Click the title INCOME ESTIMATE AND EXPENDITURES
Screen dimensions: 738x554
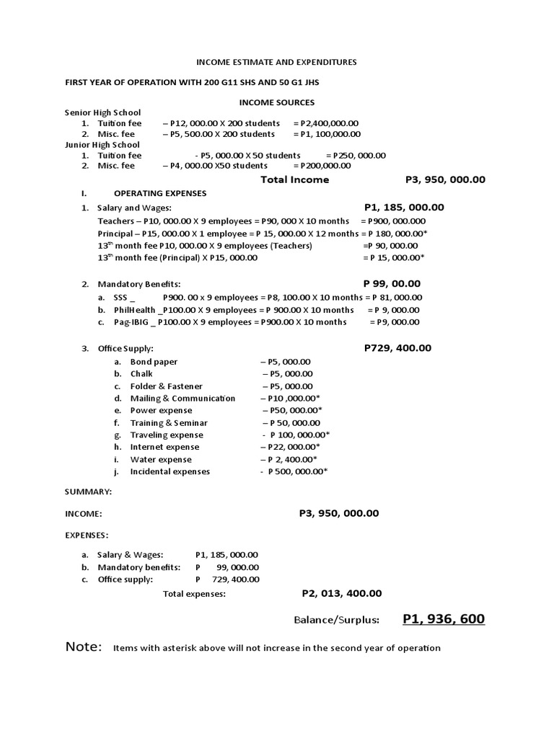click(x=277, y=63)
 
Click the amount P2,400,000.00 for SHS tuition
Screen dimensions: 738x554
click(x=326, y=123)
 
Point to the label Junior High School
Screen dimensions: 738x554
click(x=102, y=144)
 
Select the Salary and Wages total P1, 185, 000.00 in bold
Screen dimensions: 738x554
click(x=404, y=208)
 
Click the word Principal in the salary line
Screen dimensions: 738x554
click(x=115, y=234)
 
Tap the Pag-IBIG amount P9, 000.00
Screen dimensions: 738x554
click(x=395, y=321)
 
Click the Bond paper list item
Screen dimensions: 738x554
click(x=154, y=362)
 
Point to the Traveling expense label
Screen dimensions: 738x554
click(x=167, y=435)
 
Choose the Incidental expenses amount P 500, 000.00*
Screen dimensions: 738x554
click(x=298, y=471)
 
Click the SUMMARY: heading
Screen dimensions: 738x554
click(x=88, y=491)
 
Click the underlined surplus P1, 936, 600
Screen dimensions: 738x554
click(x=444, y=619)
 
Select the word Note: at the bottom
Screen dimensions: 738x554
click(x=84, y=646)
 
